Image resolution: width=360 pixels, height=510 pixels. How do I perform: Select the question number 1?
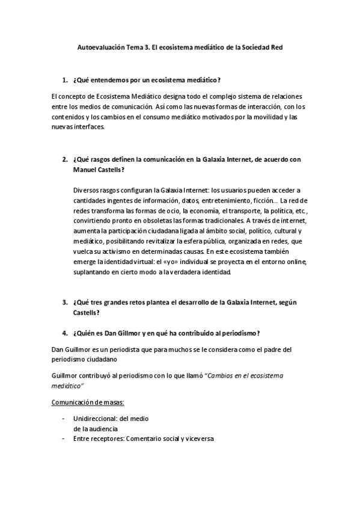tap(64, 80)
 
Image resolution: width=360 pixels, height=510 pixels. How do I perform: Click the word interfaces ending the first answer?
tap(88, 127)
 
